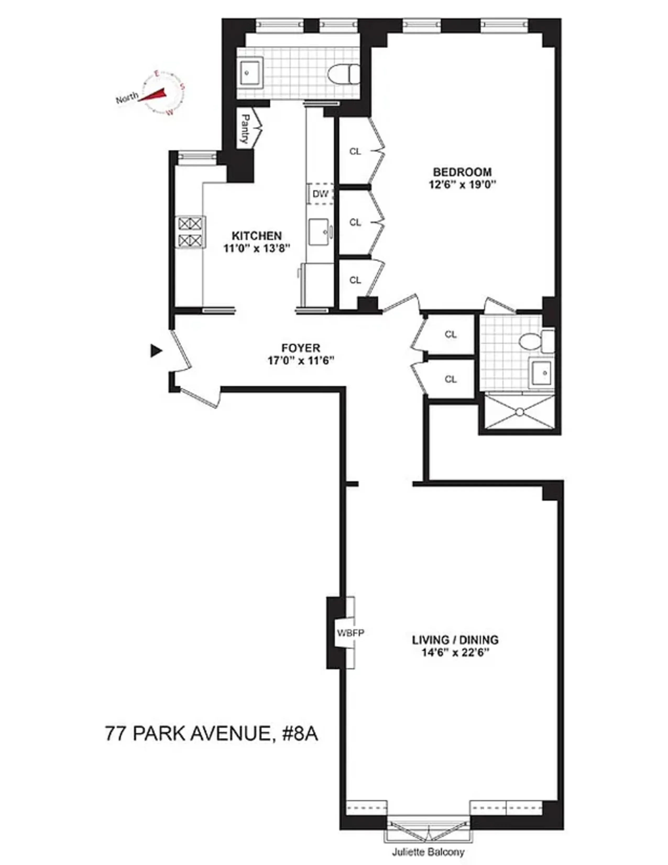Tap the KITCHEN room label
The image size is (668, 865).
(x=256, y=236)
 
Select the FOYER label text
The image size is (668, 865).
(x=301, y=348)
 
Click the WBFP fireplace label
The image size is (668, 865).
(x=350, y=632)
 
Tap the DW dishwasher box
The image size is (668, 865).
(x=321, y=194)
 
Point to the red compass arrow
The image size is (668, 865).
(x=153, y=95)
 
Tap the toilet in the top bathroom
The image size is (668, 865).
(x=344, y=74)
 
